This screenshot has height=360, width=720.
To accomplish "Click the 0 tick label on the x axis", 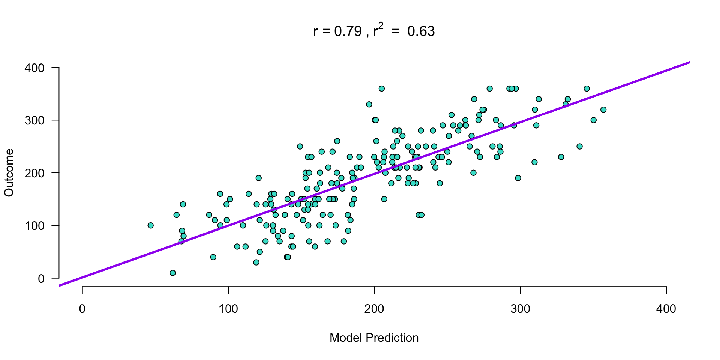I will coord(82,309).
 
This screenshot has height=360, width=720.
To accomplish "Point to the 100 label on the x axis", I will coord(228,309).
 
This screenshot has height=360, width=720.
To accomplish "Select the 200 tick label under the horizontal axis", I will coord(374,309).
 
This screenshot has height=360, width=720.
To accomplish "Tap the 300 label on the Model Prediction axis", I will coord(520,309).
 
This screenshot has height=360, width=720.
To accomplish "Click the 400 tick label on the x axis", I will coord(666,309).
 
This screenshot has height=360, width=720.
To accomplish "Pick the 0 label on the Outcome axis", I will coord(41,279).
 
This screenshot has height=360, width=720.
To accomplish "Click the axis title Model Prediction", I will coord(374,338).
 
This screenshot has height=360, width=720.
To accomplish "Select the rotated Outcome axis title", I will coord(9,173).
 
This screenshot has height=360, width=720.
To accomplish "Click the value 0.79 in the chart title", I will coord(348,31).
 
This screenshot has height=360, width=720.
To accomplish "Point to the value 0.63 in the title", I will coord(421,31).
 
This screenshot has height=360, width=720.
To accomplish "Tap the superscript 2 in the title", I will coord(381,25).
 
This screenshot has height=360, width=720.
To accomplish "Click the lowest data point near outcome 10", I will coord(172,273).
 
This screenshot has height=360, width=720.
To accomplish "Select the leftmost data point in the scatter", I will coord(150,225).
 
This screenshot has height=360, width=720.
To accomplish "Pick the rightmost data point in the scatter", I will coord(603,109).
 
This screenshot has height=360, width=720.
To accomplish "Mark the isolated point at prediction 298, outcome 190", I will coord(518,178).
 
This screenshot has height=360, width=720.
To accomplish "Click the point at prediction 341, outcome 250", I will coord(579,146).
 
